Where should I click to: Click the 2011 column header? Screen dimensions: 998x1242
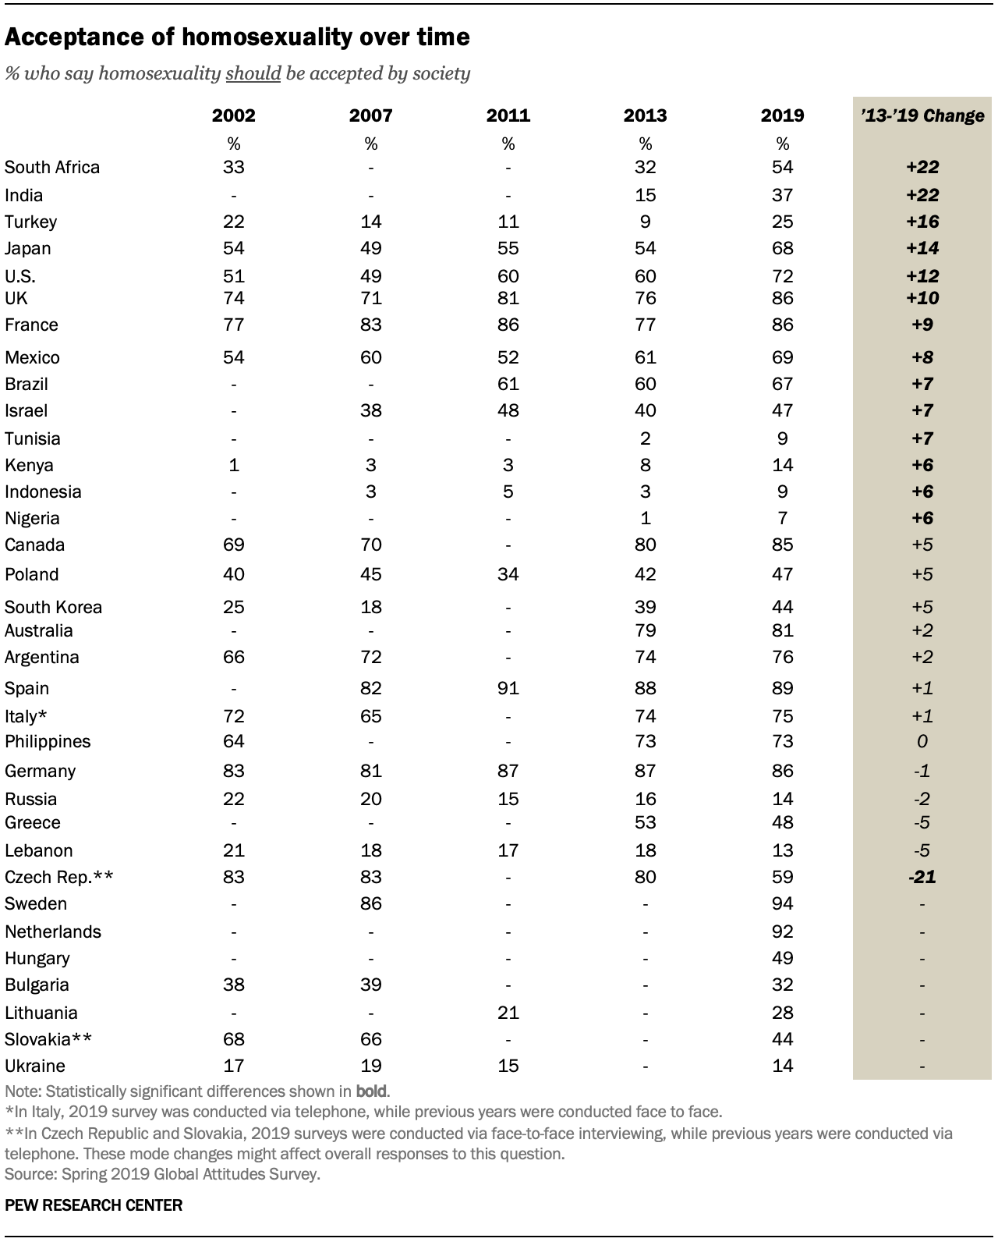[x=508, y=115]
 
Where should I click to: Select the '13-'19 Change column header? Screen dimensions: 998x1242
[x=922, y=115]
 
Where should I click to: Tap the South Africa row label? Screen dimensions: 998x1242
[x=52, y=168]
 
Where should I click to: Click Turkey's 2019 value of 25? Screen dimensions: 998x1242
[x=782, y=222]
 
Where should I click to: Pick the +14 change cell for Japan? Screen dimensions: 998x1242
[x=922, y=248]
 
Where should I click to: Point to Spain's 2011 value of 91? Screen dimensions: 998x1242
[x=508, y=688]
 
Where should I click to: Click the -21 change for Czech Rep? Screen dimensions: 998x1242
[x=922, y=877]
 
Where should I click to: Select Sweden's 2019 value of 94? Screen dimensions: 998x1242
[x=782, y=903]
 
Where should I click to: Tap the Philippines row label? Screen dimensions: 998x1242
[x=48, y=742]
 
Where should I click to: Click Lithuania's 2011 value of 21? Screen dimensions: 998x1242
[x=508, y=1013]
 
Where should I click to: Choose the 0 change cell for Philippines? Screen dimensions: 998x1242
[x=922, y=741]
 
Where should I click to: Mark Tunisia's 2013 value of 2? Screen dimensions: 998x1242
[x=645, y=438]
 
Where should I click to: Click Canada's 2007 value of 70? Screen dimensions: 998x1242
[x=370, y=545]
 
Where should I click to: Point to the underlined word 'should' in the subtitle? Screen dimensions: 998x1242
[x=253, y=73]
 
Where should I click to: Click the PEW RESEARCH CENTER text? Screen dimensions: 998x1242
[x=94, y=1205]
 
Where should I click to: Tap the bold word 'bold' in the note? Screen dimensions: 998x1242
[x=372, y=1091]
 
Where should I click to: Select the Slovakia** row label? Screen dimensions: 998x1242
[x=48, y=1039]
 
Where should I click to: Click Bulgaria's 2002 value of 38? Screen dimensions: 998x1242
[x=233, y=984]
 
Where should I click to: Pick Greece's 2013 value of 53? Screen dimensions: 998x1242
[x=645, y=822]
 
